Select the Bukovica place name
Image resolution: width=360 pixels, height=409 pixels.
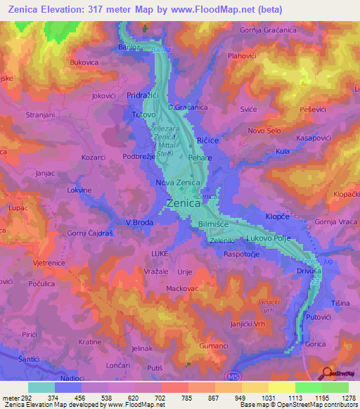click(x=84, y=63)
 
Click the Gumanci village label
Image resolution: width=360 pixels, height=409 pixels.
click(x=214, y=347)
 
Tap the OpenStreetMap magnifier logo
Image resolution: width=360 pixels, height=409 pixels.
click(x=327, y=373)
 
